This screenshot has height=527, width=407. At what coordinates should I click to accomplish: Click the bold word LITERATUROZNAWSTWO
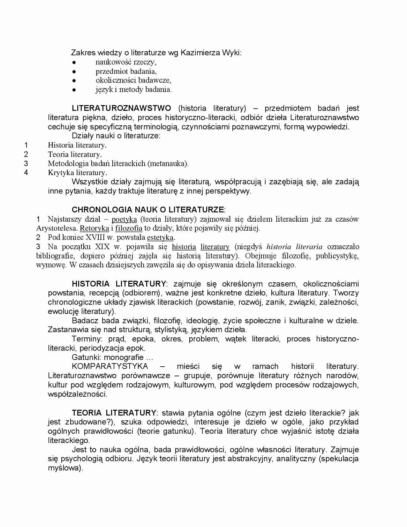coord(121,108)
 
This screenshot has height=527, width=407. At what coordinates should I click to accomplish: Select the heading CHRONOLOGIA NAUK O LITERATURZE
coord(148,210)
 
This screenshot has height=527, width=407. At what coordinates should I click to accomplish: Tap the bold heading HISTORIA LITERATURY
coord(119,284)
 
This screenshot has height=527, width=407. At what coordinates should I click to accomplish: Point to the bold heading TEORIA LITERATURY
coord(114,413)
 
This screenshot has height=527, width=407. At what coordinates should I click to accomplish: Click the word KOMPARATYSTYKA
coord(110,366)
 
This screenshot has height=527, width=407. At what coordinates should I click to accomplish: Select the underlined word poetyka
coord(124,219)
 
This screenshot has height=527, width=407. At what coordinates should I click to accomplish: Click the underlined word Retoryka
coord(94,228)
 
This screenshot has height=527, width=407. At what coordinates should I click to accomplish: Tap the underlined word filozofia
coord(129,228)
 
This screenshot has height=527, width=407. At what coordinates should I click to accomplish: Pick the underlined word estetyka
coord(160,237)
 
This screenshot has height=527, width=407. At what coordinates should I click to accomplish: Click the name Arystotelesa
coord(57,228)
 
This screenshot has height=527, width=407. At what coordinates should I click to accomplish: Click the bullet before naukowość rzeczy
coord(74,62)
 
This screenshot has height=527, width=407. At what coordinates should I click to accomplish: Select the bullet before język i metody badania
coord(74,90)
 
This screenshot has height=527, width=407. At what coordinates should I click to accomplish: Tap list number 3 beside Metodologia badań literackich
coord(26,164)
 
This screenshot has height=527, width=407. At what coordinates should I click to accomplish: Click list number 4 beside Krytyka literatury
coord(26,173)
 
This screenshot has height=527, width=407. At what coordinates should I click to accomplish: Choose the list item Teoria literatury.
coord(75,155)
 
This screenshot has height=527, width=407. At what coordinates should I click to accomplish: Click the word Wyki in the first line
coord(232,53)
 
